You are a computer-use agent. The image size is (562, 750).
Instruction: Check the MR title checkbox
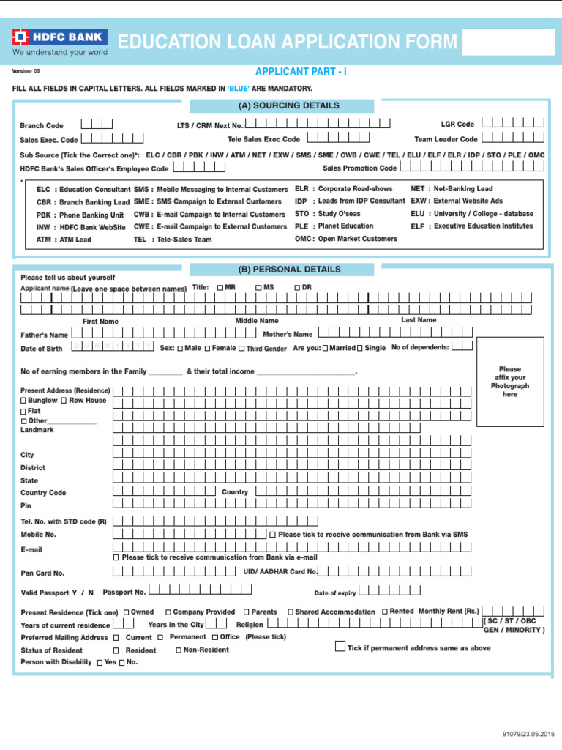(x=220, y=288)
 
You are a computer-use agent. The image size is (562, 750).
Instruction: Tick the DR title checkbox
(x=297, y=288)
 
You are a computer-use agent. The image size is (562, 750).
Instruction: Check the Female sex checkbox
(x=207, y=349)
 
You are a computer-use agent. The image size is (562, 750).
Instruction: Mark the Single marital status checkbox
(x=359, y=349)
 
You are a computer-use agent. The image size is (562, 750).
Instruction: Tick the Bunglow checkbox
(x=23, y=401)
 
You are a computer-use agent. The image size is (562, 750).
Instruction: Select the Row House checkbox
(x=64, y=401)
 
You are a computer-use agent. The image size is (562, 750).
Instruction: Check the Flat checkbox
(x=23, y=412)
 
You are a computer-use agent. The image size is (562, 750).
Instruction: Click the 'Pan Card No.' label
(x=42, y=573)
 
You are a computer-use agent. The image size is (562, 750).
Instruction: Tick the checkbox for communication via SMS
(x=273, y=535)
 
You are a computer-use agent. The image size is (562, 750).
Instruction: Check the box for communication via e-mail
(x=116, y=557)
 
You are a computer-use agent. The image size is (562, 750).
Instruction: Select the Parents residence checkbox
(x=247, y=612)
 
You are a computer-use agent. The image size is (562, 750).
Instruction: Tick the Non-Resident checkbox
(x=179, y=650)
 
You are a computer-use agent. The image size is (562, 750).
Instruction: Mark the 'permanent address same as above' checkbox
(x=340, y=646)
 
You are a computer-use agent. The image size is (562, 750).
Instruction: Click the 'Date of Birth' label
(x=42, y=349)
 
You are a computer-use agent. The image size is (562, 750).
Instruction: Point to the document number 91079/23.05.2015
(x=529, y=734)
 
